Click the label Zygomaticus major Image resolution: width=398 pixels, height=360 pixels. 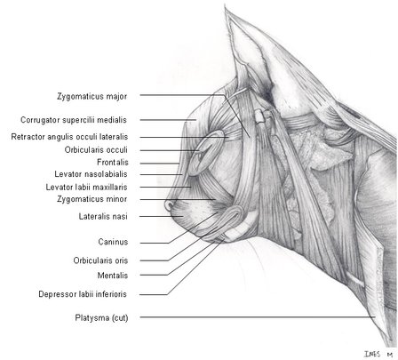pos(92,96)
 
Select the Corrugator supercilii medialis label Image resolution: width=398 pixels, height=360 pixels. pos(74,120)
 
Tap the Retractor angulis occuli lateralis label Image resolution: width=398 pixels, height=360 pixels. pos(69,137)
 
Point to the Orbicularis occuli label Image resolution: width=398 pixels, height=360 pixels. pos(96,150)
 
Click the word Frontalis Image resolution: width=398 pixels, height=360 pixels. pos(113,163)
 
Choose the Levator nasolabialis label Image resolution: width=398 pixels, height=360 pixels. pos(91,174)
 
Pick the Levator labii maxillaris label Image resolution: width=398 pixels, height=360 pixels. pos(86,188)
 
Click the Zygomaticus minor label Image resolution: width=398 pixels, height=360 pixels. pos(92,199)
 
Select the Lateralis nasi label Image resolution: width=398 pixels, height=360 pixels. pos(103,217)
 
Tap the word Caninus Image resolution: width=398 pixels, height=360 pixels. pos(113,242)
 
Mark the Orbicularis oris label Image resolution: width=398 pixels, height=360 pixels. pos(100,260)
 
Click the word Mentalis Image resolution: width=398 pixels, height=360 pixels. pos(113,276)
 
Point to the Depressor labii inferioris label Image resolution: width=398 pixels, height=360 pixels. pos(83,294)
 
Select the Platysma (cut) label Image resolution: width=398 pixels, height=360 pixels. pos(101,318)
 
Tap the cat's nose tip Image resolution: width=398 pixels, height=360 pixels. pos(168,205)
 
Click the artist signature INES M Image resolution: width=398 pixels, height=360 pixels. pos(378,354)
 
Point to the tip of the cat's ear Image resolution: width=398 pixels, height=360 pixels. pos(225,6)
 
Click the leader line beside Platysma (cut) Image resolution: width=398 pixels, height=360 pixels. pos(258,317)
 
